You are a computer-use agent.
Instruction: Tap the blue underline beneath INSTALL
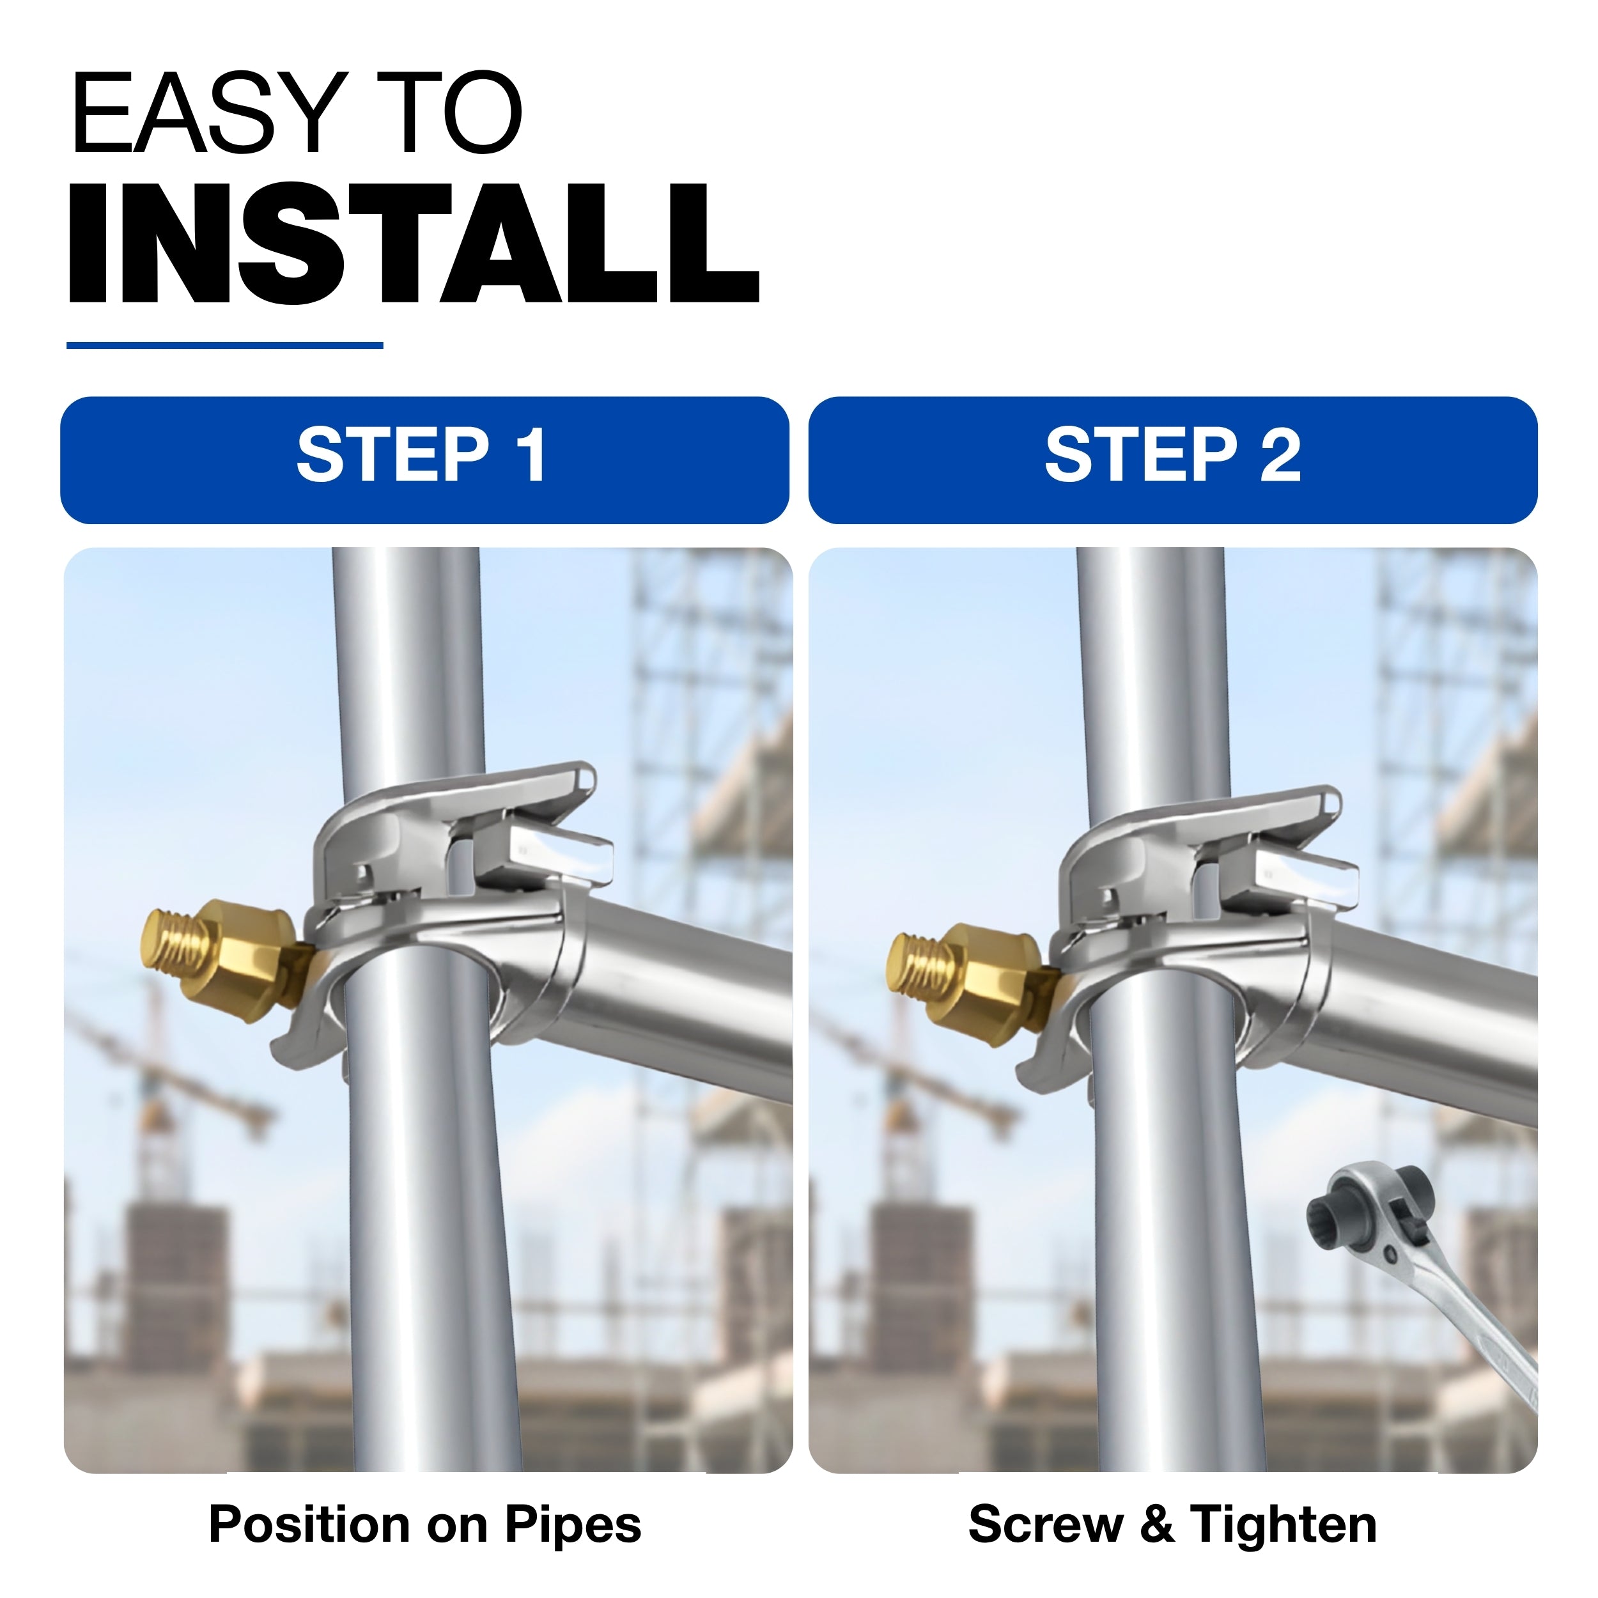click(x=224, y=345)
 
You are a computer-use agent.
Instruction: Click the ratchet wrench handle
click(x=1480, y=1331)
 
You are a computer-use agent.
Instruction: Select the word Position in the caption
click(x=309, y=1524)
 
